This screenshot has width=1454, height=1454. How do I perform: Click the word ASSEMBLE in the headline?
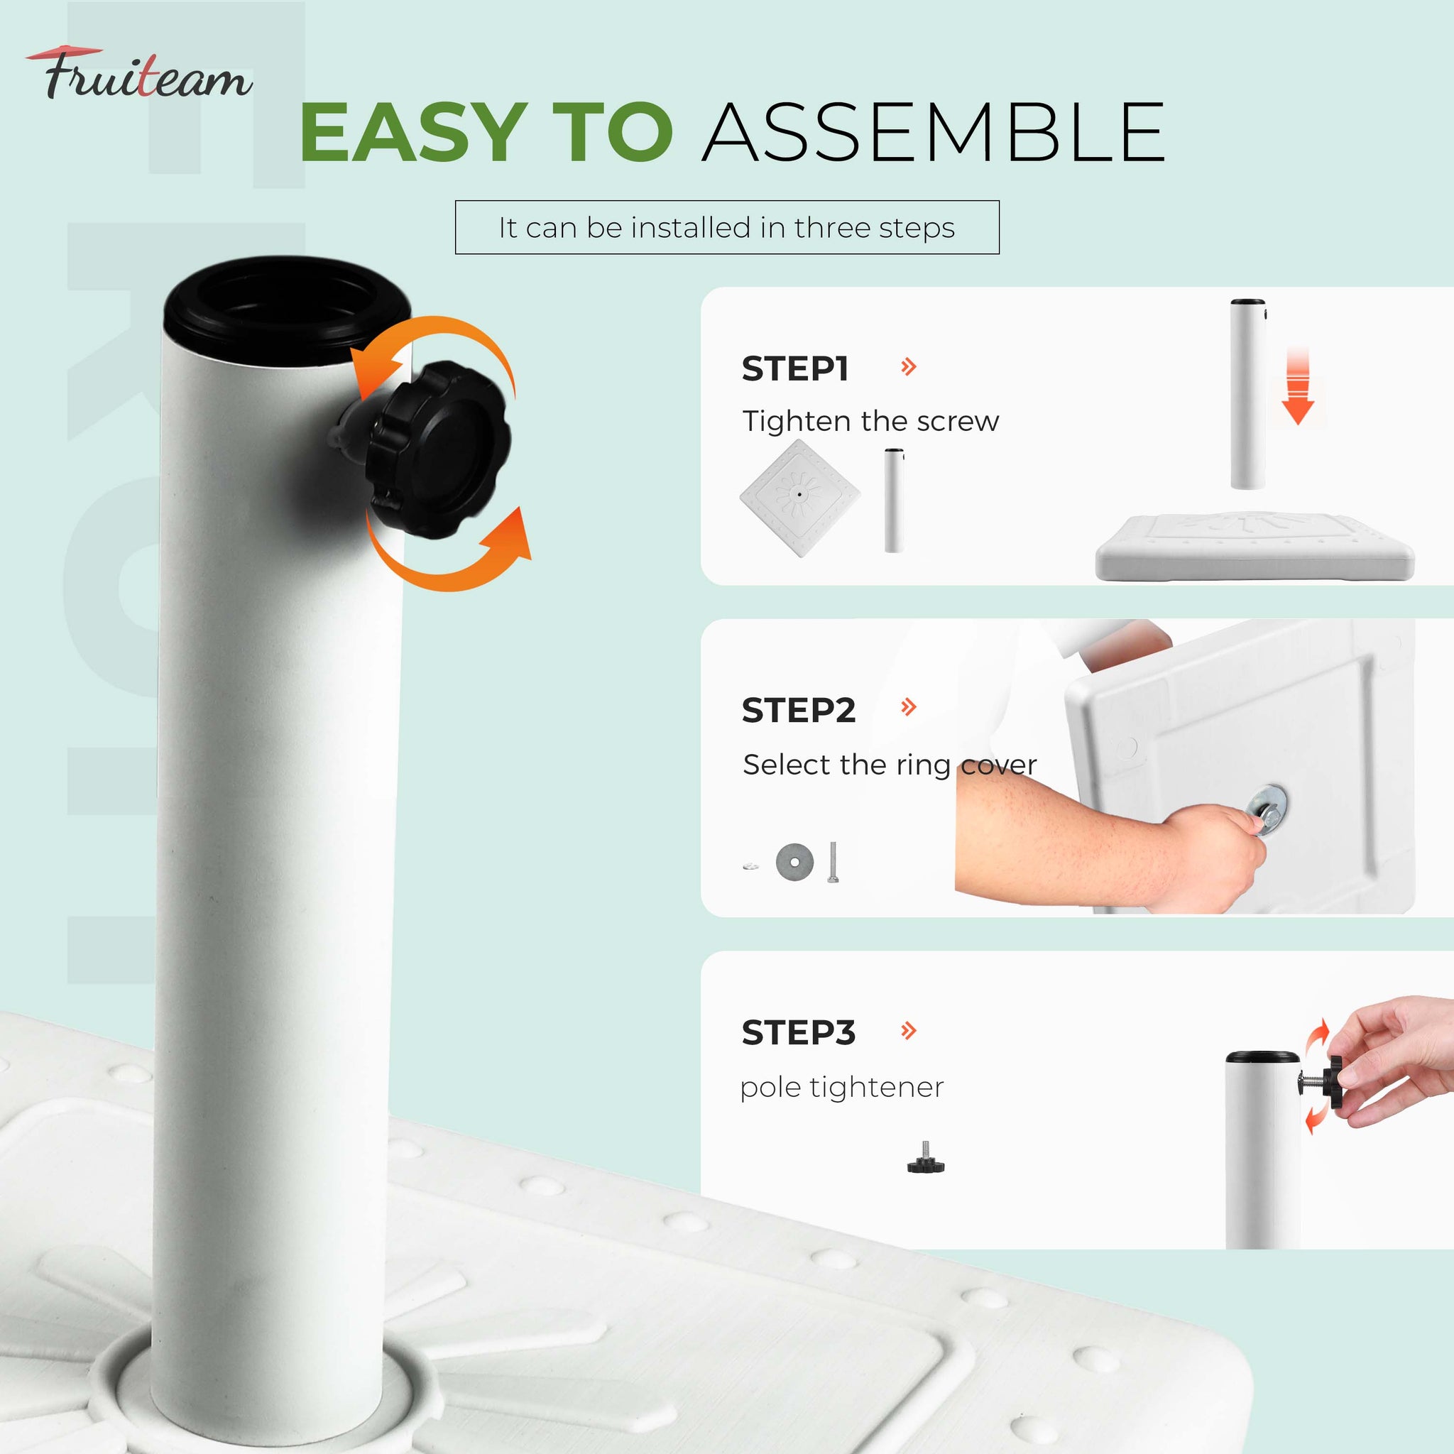pos(934,133)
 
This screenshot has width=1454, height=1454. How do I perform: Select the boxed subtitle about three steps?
pos(727,227)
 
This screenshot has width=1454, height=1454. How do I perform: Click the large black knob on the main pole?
pos(437,450)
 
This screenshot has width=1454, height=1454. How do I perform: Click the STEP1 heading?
pos(795,368)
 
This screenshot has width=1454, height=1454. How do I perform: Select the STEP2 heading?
pos(799,710)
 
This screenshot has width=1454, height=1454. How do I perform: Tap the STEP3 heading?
pos(799,1032)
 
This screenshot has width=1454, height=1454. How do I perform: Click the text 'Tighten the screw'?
pos(870,421)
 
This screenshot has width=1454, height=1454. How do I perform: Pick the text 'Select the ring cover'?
pos(890,765)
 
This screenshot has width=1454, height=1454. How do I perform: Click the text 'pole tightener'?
pos(841,1088)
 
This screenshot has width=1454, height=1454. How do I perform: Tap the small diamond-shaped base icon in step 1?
pos(799,498)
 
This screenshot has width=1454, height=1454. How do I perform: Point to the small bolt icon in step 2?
pos(832,863)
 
